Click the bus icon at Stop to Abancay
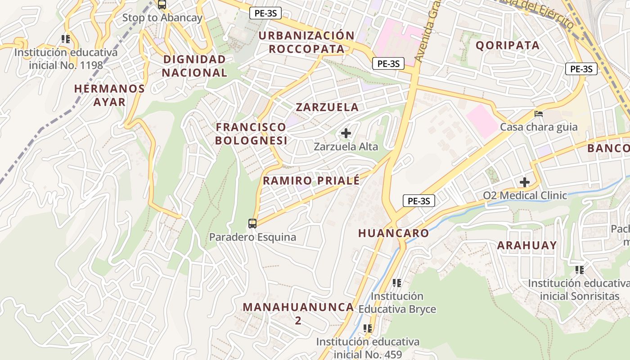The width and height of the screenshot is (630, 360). click(162, 5)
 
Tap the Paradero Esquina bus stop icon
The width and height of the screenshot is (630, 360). click(252, 223)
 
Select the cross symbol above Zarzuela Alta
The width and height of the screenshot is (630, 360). click(346, 133)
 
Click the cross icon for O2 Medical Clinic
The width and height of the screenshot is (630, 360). click(524, 182)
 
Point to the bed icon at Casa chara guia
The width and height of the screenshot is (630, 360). click(539, 113)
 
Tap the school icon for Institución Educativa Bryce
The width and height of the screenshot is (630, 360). click(396, 283)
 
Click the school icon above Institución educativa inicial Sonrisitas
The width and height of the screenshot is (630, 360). click(579, 270)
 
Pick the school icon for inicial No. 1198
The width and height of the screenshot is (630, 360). click(66, 39)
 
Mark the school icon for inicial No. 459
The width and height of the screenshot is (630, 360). click(368, 328)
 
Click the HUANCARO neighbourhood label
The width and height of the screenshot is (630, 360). click(394, 233)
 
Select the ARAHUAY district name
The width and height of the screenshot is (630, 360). click(527, 245)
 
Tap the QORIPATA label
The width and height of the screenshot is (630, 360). click(508, 45)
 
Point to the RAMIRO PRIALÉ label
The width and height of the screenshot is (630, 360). click(311, 181)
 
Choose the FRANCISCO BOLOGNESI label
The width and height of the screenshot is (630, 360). click(251, 134)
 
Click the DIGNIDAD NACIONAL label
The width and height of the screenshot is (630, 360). click(195, 66)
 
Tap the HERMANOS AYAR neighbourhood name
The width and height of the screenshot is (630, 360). click(109, 95)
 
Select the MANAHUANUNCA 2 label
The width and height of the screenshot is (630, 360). click(298, 314)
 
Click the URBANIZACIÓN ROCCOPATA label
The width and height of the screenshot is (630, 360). click(307, 42)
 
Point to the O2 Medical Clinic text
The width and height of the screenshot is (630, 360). click(525, 196)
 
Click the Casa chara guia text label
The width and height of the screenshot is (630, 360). click(539, 127)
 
